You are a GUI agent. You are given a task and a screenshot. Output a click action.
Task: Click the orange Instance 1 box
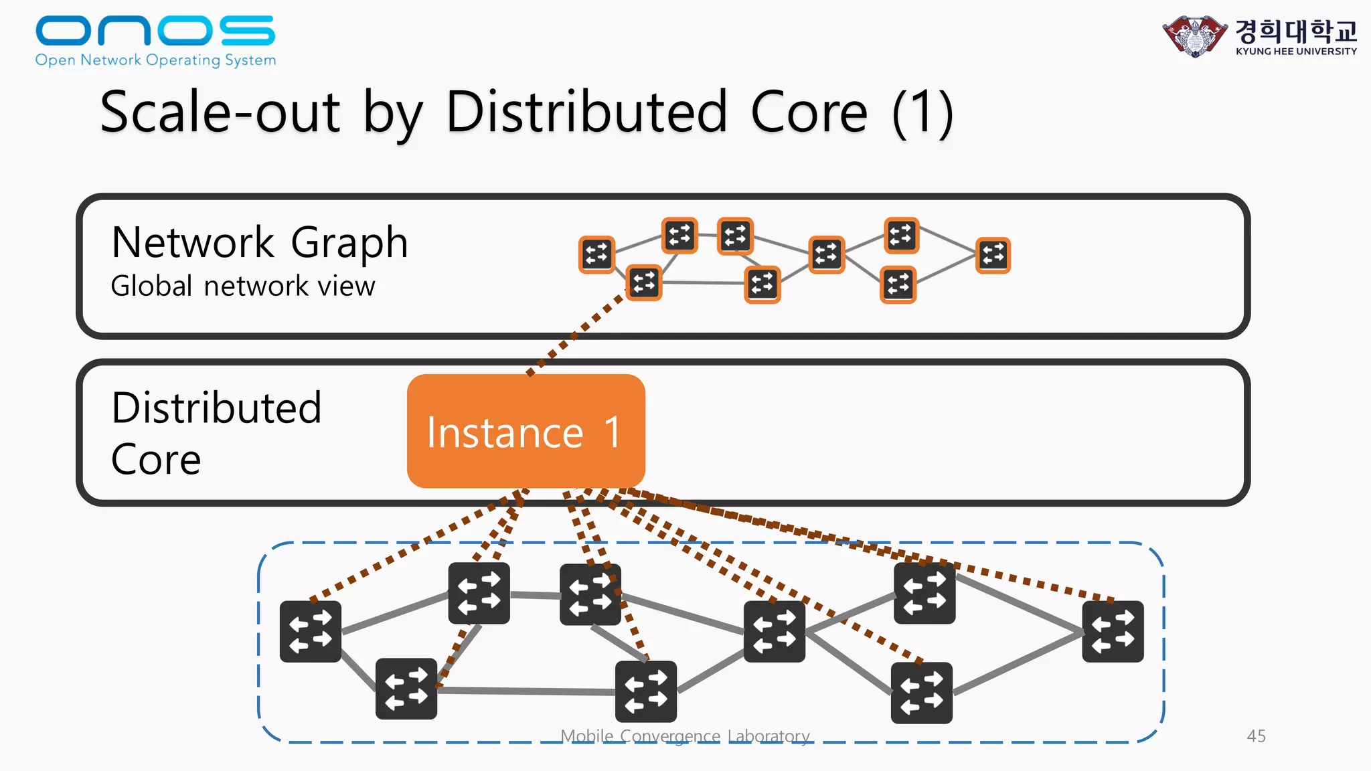click(x=526, y=432)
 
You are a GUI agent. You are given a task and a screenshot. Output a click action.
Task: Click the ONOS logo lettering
click(x=155, y=31)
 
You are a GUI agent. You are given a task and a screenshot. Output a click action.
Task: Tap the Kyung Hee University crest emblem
click(x=1195, y=35)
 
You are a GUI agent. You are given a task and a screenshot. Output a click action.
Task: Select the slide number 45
click(x=1256, y=736)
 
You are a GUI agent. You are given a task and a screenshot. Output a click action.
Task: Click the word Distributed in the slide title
click(x=586, y=112)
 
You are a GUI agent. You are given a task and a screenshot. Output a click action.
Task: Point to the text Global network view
click(x=242, y=286)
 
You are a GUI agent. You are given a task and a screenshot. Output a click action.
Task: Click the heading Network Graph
click(x=259, y=242)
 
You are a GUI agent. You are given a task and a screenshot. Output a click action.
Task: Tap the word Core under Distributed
click(x=156, y=460)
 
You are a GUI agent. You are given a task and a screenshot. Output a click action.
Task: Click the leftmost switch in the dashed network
click(x=311, y=631)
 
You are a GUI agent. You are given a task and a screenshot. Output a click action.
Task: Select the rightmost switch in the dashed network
click(x=1113, y=631)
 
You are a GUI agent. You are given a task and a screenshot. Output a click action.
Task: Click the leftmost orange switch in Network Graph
click(x=596, y=254)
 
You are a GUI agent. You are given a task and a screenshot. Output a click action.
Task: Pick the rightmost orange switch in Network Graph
click(x=993, y=255)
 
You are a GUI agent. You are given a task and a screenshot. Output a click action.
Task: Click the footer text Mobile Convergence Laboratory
click(x=685, y=736)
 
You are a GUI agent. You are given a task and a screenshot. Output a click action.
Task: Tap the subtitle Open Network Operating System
click(x=155, y=60)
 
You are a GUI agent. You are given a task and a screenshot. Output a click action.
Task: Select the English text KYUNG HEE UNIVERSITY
click(x=1296, y=52)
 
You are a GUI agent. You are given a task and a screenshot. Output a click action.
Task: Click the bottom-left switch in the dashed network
click(x=406, y=689)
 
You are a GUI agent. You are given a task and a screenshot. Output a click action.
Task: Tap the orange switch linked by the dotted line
click(x=644, y=282)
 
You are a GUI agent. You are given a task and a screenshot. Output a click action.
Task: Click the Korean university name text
click(x=1295, y=30)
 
